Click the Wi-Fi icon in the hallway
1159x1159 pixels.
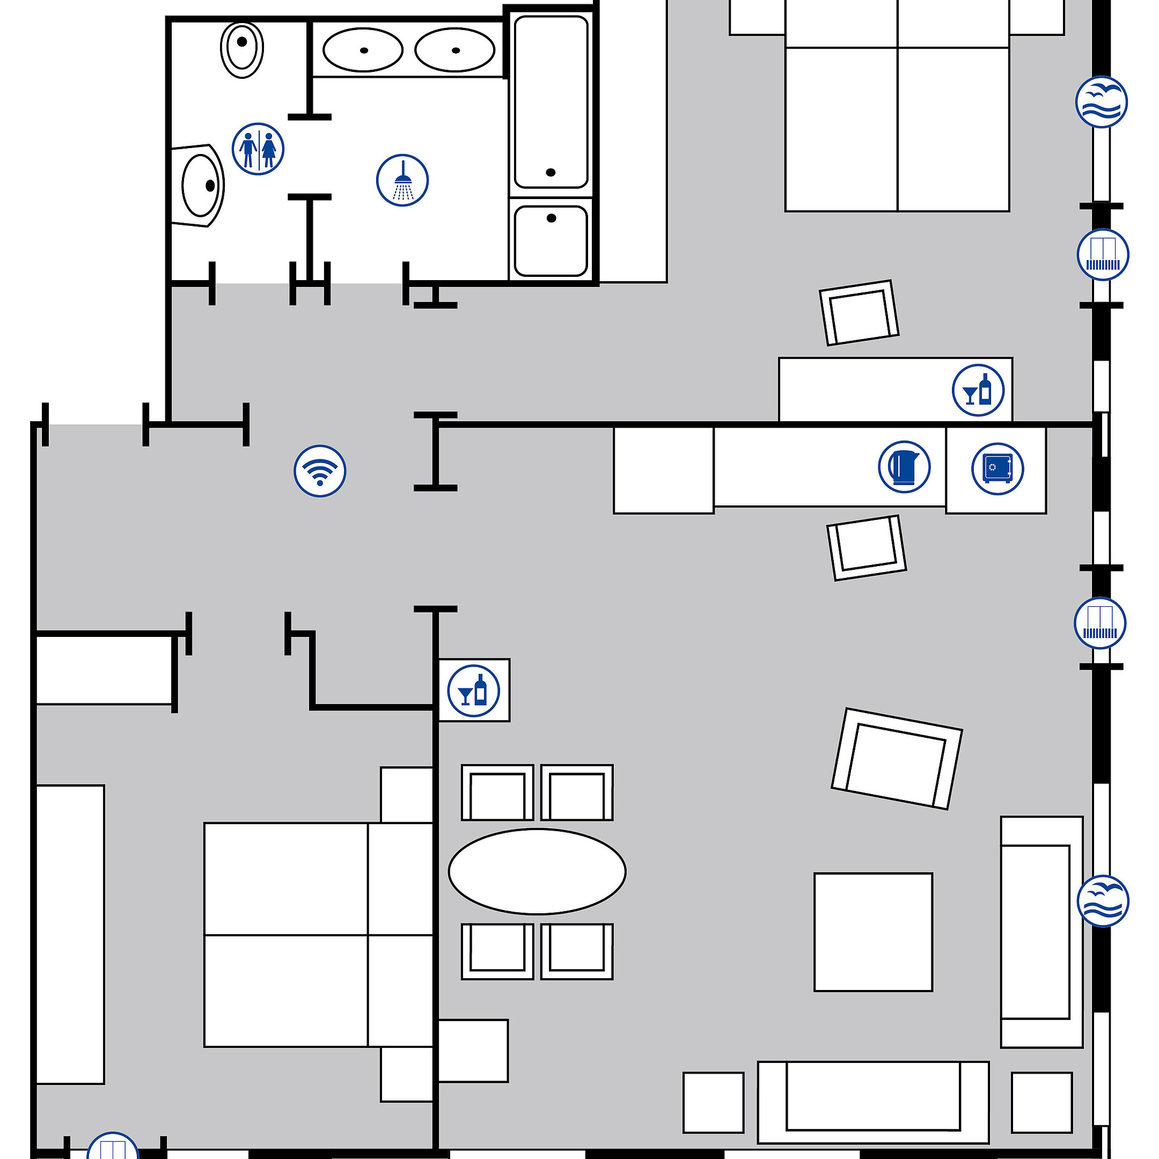click(x=320, y=471)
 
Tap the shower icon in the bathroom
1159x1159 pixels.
click(x=402, y=180)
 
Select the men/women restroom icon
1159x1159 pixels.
click(x=258, y=149)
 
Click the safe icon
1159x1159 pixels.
click(x=997, y=468)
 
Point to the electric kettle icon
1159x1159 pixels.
click(x=904, y=467)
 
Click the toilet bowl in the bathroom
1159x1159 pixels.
click(x=242, y=50)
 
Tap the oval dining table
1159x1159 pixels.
click(x=537, y=871)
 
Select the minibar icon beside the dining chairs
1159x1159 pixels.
click(x=473, y=691)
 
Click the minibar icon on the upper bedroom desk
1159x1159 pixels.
click(x=978, y=390)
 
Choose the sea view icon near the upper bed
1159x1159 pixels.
click(x=1101, y=102)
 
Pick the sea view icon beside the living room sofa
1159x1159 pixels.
click(x=1103, y=901)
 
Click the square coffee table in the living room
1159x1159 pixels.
click(x=873, y=932)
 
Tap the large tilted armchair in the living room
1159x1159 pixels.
click(x=896, y=759)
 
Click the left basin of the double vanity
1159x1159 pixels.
click(x=362, y=50)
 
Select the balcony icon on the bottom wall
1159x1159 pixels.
click(x=113, y=1147)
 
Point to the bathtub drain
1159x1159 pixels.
click(x=551, y=173)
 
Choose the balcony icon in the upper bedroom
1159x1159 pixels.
click(x=1103, y=254)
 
